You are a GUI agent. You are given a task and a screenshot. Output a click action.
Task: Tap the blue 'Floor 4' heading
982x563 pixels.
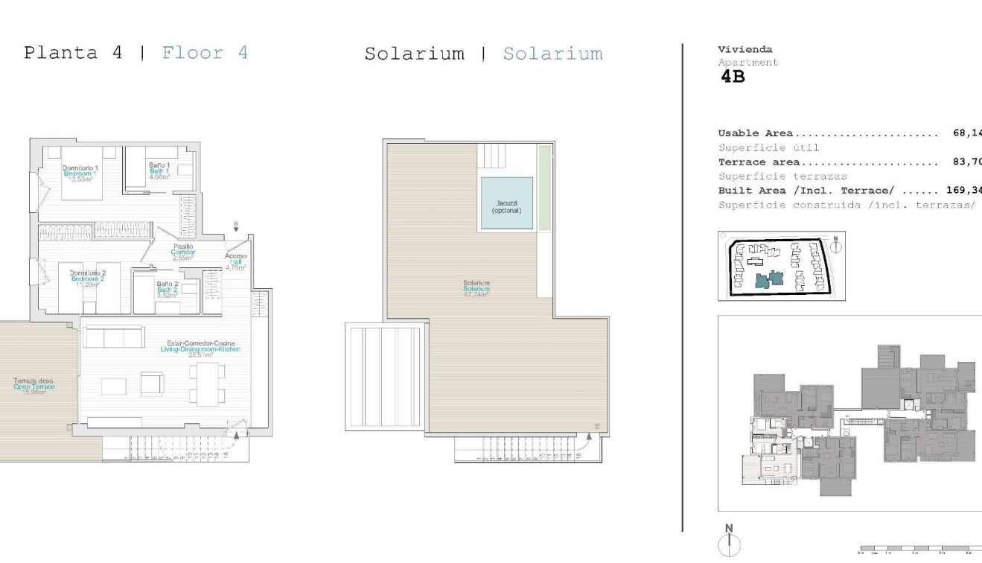point(205,53)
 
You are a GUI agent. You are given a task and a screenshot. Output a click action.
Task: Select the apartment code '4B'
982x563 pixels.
point(733,77)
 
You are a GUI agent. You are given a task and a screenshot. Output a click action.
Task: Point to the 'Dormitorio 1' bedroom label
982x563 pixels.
point(80,168)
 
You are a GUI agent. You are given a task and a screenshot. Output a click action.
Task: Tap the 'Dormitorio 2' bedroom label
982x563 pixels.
point(88,273)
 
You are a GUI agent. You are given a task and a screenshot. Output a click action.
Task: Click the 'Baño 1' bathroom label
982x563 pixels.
point(159,165)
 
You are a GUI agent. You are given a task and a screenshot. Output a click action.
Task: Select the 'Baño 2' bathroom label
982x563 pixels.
point(167,284)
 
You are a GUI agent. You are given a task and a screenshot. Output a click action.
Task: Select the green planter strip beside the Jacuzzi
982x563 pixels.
point(545,188)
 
